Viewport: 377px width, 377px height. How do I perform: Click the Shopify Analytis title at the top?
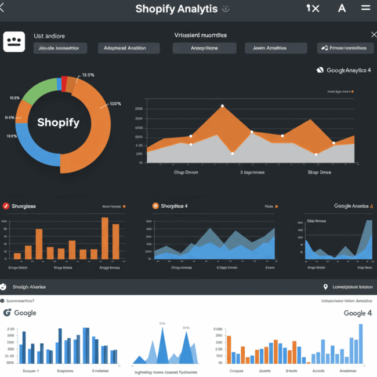pyautogui.click(x=177, y=9)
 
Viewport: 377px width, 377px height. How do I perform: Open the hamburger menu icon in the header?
pyautogui.click(x=365, y=8)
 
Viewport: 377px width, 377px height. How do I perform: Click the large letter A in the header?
pyautogui.click(x=342, y=8)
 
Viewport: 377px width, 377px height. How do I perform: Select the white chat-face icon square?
pyautogui.click(x=14, y=42)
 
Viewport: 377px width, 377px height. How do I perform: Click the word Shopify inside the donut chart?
pyautogui.click(x=58, y=122)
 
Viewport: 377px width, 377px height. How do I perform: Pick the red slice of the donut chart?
pyautogui.click(x=64, y=84)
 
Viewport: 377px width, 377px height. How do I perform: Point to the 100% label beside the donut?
pyautogui.click(x=115, y=104)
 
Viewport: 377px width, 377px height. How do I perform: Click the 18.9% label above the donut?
pyautogui.click(x=88, y=75)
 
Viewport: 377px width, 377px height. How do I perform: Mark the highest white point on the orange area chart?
pyautogui.click(x=222, y=106)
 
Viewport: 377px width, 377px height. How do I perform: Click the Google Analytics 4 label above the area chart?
pyautogui.click(x=347, y=70)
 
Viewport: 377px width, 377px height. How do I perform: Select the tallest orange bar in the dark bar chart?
pyautogui.click(x=105, y=238)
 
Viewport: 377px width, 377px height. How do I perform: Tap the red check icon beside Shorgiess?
pyautogui.click(x=6, y=206)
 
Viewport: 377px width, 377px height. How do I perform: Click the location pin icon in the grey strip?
pyautogui.click(x=325, y=287)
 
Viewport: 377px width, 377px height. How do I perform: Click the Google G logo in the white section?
pyautogui.click(x=8, y=313)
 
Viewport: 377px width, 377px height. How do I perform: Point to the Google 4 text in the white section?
pyautogui.click(x=354, y=313)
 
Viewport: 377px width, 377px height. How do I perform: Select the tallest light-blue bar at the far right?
pyautogui.click(x=361, y=343)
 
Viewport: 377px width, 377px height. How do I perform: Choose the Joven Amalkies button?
pyautogui.click(x=269, y=48)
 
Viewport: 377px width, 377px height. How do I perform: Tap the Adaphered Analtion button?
pyautogui.click(x=125, y=48)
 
